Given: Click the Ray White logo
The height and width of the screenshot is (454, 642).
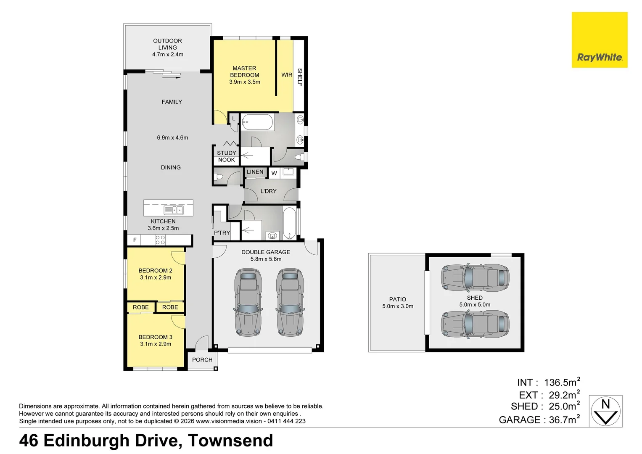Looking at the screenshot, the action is click(600, 40).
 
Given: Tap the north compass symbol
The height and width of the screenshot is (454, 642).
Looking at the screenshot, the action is click(605, 411).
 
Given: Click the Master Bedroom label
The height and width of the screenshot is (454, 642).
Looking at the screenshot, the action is click(244, 71).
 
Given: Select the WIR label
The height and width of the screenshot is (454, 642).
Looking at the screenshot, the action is click(287, 75).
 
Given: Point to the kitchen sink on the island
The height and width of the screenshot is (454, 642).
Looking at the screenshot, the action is click(173, 210).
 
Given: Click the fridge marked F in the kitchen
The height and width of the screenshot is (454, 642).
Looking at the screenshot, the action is click(134, 240).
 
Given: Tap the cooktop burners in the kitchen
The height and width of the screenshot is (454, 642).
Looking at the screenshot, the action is click(160, 240).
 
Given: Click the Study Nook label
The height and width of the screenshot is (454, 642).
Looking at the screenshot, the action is click(227, 156).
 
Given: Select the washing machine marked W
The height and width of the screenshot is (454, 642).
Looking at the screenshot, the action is click(274, 173).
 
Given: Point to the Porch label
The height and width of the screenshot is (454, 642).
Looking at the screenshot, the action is click(202, 360).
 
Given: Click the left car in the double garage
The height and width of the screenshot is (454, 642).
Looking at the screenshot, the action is click(248, 302).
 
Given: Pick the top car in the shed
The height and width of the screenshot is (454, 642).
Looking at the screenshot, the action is click(475, 277).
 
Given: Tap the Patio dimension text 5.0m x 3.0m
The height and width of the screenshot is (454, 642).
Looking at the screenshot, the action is click(398, 306).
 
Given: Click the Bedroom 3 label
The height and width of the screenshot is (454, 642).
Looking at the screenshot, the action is click(156, 337).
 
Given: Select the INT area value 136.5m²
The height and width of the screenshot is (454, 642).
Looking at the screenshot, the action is click(562, 382).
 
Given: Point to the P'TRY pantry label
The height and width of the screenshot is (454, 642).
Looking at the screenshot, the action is click(222, 233).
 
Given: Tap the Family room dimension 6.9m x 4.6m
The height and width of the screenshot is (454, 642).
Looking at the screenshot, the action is click(172, 137).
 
